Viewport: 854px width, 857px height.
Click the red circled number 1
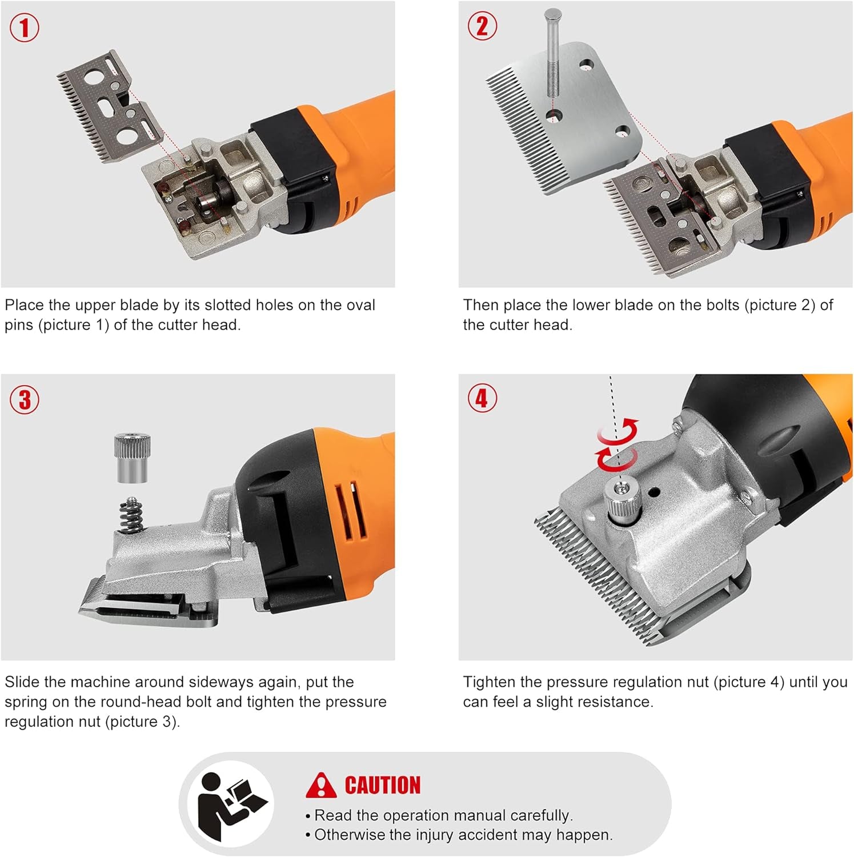[25, 28]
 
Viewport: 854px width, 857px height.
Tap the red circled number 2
[482, 26]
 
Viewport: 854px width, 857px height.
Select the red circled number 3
[25, 400]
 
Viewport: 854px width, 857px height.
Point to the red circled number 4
[482, 398]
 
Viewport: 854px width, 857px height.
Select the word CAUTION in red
[382, 786]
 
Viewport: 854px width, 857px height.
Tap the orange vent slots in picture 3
[350, 511]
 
